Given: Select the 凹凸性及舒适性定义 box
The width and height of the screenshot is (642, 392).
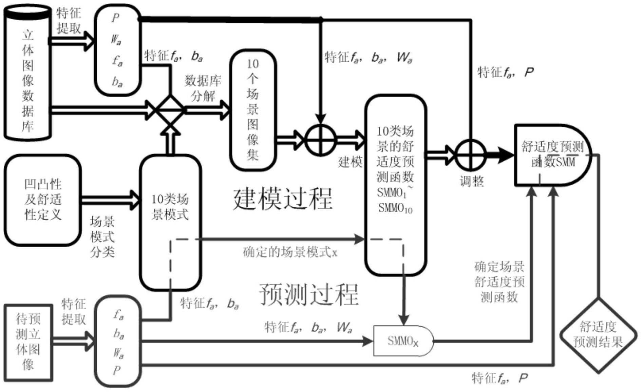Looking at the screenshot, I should (43, 200).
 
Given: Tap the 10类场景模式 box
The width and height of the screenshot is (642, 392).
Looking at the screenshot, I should (170, 222).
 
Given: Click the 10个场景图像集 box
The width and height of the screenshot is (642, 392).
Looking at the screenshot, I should (253, 110).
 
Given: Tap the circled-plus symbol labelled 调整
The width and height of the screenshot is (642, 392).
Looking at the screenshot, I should (470, 155).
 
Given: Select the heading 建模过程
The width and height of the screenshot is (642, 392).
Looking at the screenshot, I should (283, 199).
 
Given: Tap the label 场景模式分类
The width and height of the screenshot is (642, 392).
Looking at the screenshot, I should (102, 237).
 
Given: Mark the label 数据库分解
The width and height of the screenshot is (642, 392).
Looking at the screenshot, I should (203, 88).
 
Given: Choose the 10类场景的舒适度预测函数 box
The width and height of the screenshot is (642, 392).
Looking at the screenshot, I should (395, 185).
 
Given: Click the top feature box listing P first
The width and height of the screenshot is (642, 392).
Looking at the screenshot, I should (117, 50).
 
